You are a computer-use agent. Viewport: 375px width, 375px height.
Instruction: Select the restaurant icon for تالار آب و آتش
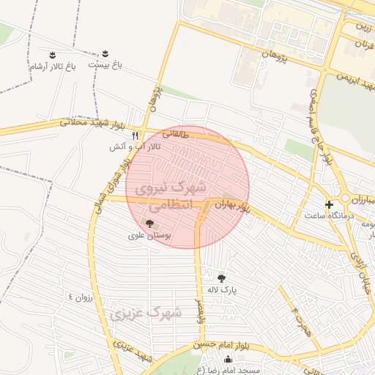(x=135, y=135)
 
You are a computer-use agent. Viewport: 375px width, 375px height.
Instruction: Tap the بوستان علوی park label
(x=149, y=236)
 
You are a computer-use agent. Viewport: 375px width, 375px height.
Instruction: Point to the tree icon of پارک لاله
(x=221, y=277)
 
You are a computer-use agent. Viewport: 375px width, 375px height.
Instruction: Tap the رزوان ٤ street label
(x=81, y=297)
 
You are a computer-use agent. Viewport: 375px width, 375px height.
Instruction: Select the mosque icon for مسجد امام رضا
(x=228, y=359)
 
